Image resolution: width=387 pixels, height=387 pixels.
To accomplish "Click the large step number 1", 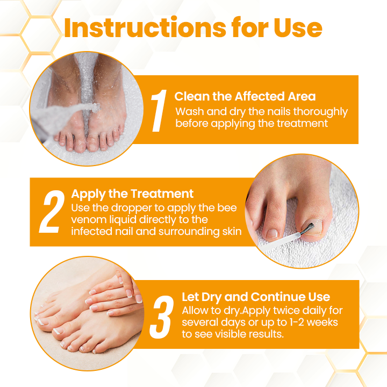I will pos(157,111).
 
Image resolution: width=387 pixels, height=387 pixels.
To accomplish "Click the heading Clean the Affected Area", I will pos(245,97).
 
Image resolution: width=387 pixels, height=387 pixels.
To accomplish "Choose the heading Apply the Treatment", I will pos(132,193).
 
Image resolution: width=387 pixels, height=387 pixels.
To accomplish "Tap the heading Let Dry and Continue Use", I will pos(256,297).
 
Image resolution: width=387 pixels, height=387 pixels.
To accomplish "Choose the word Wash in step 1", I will pos(188,112).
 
